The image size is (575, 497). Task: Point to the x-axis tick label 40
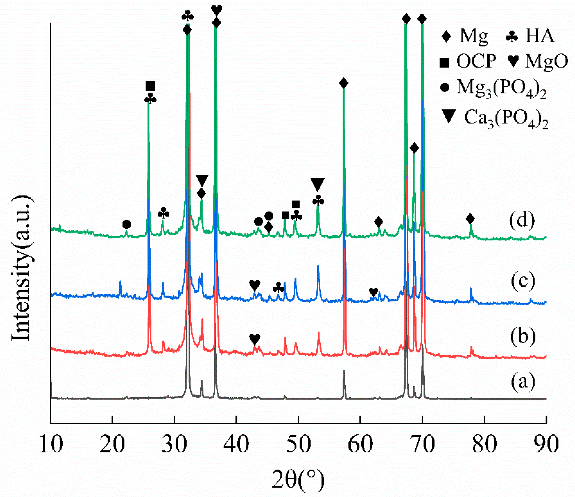236,444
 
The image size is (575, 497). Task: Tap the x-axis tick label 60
360,444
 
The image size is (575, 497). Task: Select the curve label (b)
523,336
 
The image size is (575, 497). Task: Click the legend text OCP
476,61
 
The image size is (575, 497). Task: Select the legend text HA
540,36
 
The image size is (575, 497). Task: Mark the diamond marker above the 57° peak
343,83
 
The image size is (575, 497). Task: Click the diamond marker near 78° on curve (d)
470,218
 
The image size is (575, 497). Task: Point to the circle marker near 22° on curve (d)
127,224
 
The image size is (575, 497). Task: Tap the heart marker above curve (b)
255,339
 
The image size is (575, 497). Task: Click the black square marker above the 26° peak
150,86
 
